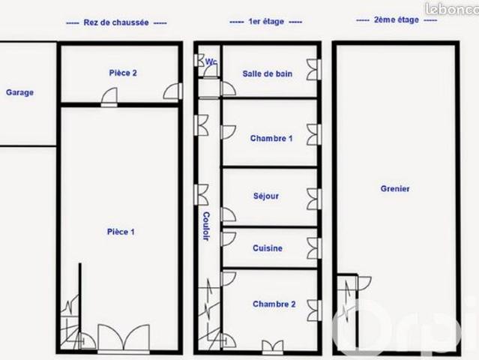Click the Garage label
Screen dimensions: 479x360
19,92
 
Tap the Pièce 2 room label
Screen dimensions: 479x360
123,73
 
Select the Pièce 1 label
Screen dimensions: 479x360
121,232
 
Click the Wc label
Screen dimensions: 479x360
211,61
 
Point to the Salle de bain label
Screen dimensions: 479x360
268,73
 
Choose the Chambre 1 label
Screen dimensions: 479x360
271,139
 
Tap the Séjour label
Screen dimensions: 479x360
266,196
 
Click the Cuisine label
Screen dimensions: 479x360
268,248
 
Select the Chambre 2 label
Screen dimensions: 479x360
274,304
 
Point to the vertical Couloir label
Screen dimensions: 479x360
206,226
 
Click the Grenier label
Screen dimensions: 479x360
395,188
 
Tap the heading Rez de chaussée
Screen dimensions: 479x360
116,22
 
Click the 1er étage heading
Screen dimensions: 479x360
266,22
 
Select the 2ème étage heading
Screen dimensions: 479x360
397,19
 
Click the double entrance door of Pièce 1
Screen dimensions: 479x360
124,339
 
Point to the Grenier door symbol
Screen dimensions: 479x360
364,283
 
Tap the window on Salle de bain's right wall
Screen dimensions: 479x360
314,69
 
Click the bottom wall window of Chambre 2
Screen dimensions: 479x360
273,347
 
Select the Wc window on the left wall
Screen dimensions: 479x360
199,60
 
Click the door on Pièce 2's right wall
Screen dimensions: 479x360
173,91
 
